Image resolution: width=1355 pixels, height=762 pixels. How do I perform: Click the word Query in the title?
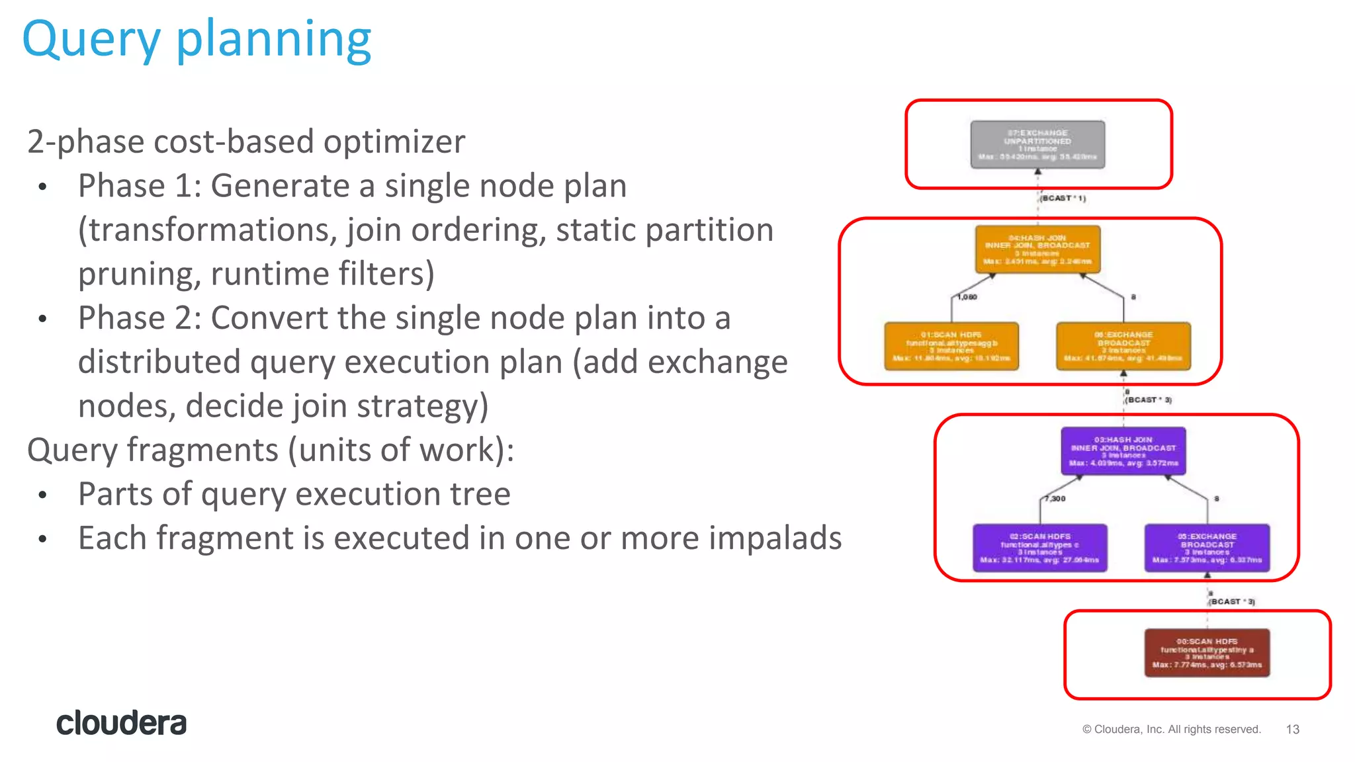(91, 40)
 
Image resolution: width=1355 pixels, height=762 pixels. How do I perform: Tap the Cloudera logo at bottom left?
(121, 723)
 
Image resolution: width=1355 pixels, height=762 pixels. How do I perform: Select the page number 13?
(1292, 729)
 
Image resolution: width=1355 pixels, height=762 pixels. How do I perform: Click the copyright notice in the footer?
(1171, 729)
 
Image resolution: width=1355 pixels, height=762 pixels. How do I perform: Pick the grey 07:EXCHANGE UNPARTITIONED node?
(1037, 144)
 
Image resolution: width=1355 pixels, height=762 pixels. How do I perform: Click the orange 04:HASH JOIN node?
(1037, 249)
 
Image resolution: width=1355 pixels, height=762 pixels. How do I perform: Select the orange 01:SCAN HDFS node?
(951, 346)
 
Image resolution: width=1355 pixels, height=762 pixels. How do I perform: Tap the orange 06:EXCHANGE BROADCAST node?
(1123, 346)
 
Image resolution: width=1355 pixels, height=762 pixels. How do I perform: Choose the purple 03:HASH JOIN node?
(1123, 451)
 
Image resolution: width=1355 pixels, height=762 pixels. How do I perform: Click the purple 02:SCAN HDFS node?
(1039, 548)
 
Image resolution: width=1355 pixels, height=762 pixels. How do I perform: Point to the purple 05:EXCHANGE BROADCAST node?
(1207, 548)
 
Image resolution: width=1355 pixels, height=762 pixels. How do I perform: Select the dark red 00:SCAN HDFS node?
(1207, 653)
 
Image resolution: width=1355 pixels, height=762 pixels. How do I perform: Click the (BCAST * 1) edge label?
(1063, 198)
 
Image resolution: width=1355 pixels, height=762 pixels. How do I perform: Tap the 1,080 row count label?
(967, 297)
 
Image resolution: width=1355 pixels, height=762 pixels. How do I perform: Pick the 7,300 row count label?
(1056, 499)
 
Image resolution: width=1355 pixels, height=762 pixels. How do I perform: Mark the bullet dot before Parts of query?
(43, 495)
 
